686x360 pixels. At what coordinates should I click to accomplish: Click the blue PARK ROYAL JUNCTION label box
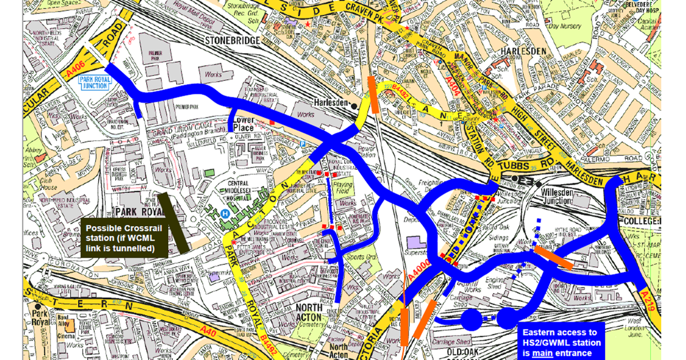pos(94,82)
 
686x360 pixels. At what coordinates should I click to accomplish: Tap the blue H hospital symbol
pos(225,214)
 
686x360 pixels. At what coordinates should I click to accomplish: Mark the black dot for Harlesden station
pos(354,106)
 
